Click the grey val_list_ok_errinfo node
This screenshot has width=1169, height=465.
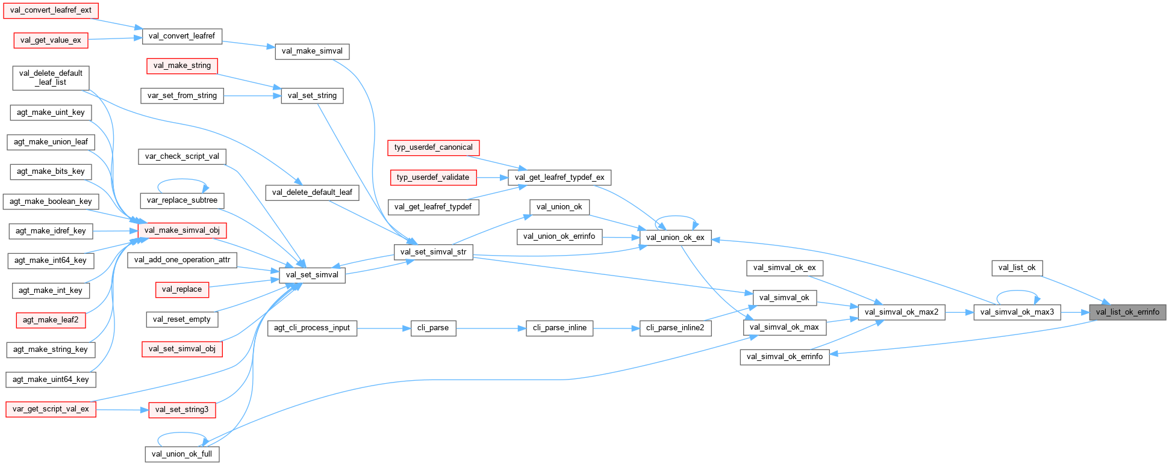pyautogui.click(x=1127, y=312)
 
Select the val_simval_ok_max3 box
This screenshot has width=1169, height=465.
pyautogui.click(x=1017, y=312)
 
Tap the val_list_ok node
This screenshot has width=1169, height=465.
pyautogui.click(x=1017, y=268)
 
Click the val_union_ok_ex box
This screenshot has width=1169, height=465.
pyautogui.click(x=675, y=238)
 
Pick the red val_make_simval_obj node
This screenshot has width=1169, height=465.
pyautogui.click(x=182, y=230)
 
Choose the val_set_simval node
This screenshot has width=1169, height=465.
pyautogui.click(x=312, y=275)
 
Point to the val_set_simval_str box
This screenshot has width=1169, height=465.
pyautogui.click(x=433, y=252)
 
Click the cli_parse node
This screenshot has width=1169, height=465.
pyautogui.click(x=433, y=328)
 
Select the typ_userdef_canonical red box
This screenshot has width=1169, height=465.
pyautogui.click(x=433, y=147)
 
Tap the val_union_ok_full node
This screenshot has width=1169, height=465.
pyautogui.click(x=182, y=454)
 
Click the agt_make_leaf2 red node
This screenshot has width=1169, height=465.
pyautogui.click(x=51, y=320)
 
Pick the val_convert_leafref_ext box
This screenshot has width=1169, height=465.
pyautogui.click(x=51, y=10)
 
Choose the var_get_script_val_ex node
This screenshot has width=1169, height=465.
pyautogui.click(x=51, y=409)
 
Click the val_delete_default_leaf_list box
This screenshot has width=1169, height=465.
pyautogui.click(x=51, y=78)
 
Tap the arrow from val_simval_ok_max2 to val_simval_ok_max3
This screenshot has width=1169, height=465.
pyautogui.click(x=959, y=312)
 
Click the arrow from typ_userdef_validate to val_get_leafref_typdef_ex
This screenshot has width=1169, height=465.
pyautogui.click(x=492, y=177)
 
